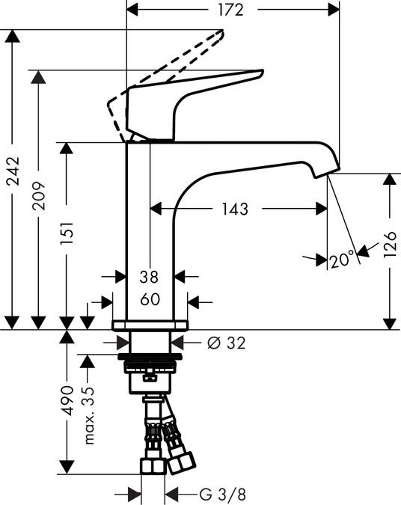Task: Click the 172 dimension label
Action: click(231, 10)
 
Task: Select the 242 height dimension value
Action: click(13, 171)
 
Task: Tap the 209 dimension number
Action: click(39, 196)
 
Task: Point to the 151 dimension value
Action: click(67, 233)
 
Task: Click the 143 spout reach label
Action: click(235, 209)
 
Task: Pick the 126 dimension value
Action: click(390, 244)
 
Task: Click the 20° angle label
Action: click(343, 260)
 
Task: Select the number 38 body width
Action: click(149, 277)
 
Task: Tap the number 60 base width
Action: click(150, 299)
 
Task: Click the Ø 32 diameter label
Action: click(227, 343)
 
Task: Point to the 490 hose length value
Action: click(67, 400)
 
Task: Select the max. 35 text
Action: click(88, 416)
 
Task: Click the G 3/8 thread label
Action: click(222, 494)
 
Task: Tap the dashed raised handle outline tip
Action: click(222, 31)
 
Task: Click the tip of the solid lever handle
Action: click(262, 72)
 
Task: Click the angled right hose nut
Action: click(181, 463)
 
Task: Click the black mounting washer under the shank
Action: click(150, 357)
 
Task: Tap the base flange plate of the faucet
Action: click(150, 325)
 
